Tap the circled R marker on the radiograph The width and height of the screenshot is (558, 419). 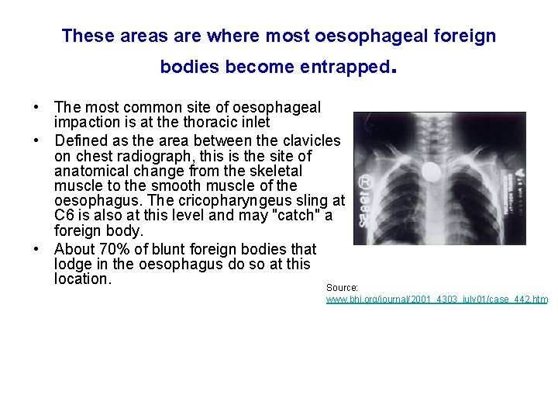[x=363, y=184]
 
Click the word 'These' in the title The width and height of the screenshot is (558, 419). [x=88, y=36]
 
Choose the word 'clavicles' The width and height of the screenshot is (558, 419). [x=309, y=140]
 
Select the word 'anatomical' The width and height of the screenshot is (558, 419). [x=92, y=171]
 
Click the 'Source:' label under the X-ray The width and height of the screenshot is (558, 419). [x=342, y=287]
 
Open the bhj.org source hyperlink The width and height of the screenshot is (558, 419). [x=436, y=299]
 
